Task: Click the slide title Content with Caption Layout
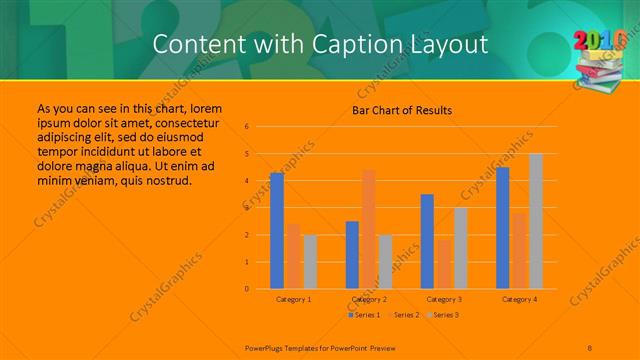coord(321,44)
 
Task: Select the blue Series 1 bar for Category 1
coord(277,231)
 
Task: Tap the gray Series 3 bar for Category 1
coord(310,262)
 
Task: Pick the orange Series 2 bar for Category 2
coord(369,230)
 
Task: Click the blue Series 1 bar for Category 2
coord(352,255)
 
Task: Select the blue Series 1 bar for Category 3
coord(427,242)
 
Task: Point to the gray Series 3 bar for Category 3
coord(460,248)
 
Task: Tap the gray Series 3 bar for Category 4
coord(536,221)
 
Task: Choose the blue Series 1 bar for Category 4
coord(502,228)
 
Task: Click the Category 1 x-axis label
coord(293,299)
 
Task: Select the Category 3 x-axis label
coord(443,299)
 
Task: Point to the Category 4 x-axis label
coord(519,299)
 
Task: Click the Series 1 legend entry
coord(364,315)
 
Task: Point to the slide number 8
coord(590,348)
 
